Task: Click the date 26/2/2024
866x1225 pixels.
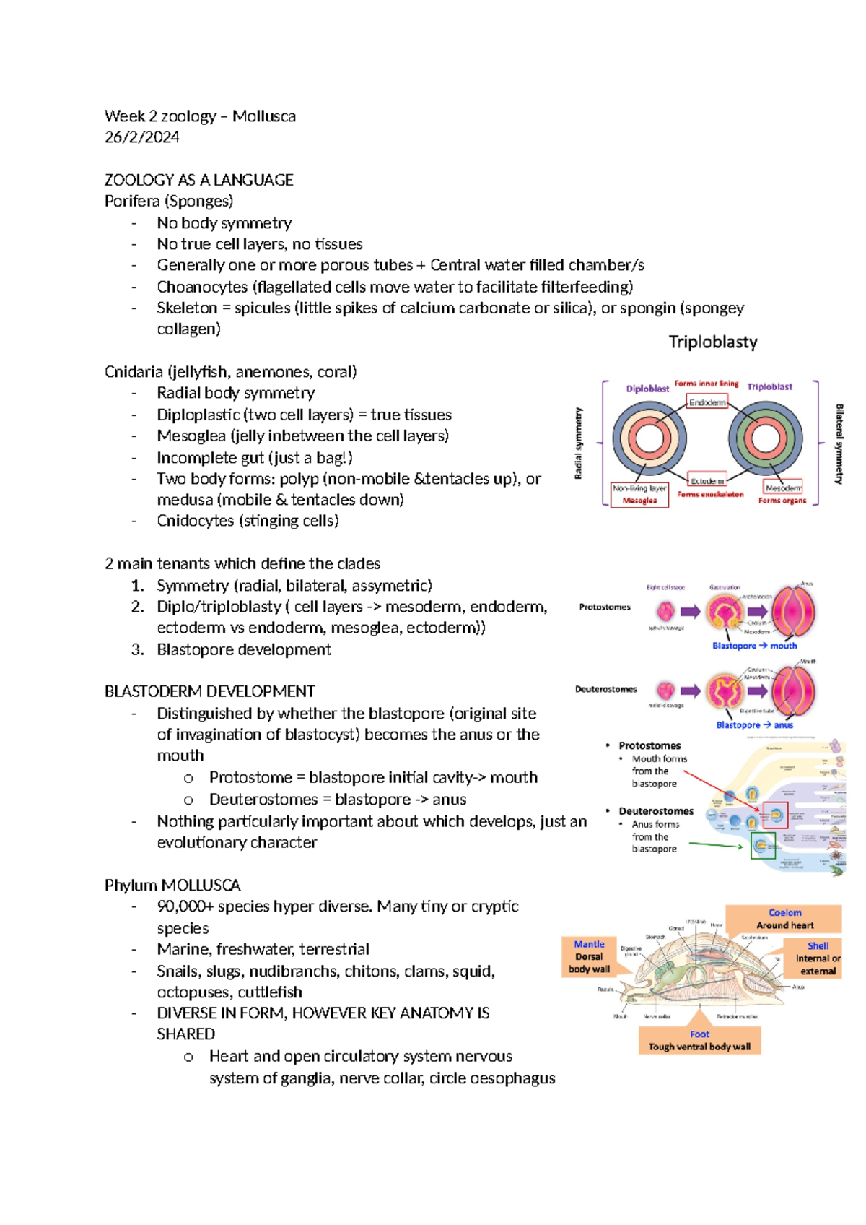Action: coord(141,137)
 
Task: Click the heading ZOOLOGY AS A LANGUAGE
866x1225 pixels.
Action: coord(198,180)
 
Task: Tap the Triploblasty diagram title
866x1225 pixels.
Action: coord(713,342)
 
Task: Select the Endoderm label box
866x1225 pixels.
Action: coord(707,402)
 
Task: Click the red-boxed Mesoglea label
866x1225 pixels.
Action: coord(639,500)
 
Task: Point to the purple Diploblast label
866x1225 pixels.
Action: coord(647,389)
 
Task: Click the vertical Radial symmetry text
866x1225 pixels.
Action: coord(578,443)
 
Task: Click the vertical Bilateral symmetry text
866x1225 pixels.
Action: coord(839,443)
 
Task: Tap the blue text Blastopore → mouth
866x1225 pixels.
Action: coord(754,646)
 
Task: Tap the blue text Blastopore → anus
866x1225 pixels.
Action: coord(754,724)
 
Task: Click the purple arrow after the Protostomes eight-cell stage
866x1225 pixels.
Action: coord(691,612)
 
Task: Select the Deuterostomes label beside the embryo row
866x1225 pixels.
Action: coord(605,689)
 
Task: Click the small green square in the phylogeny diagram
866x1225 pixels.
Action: coord(763,845)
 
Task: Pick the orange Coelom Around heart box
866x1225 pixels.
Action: coord(784,919)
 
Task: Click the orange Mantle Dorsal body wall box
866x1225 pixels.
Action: coord(589,957)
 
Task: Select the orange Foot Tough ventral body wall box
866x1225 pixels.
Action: coord(699,1040)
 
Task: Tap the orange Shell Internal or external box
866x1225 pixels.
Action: coord(817,958)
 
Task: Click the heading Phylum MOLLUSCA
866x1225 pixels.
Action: coord(172,885)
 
